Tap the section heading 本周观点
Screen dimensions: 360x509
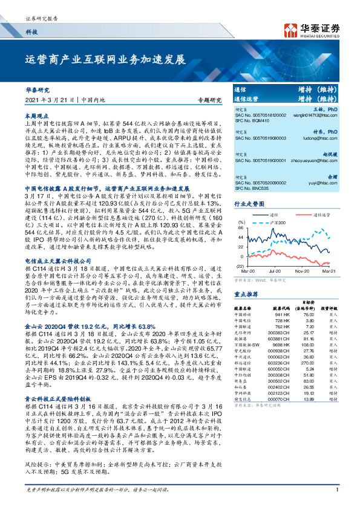(x=37, y=114)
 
